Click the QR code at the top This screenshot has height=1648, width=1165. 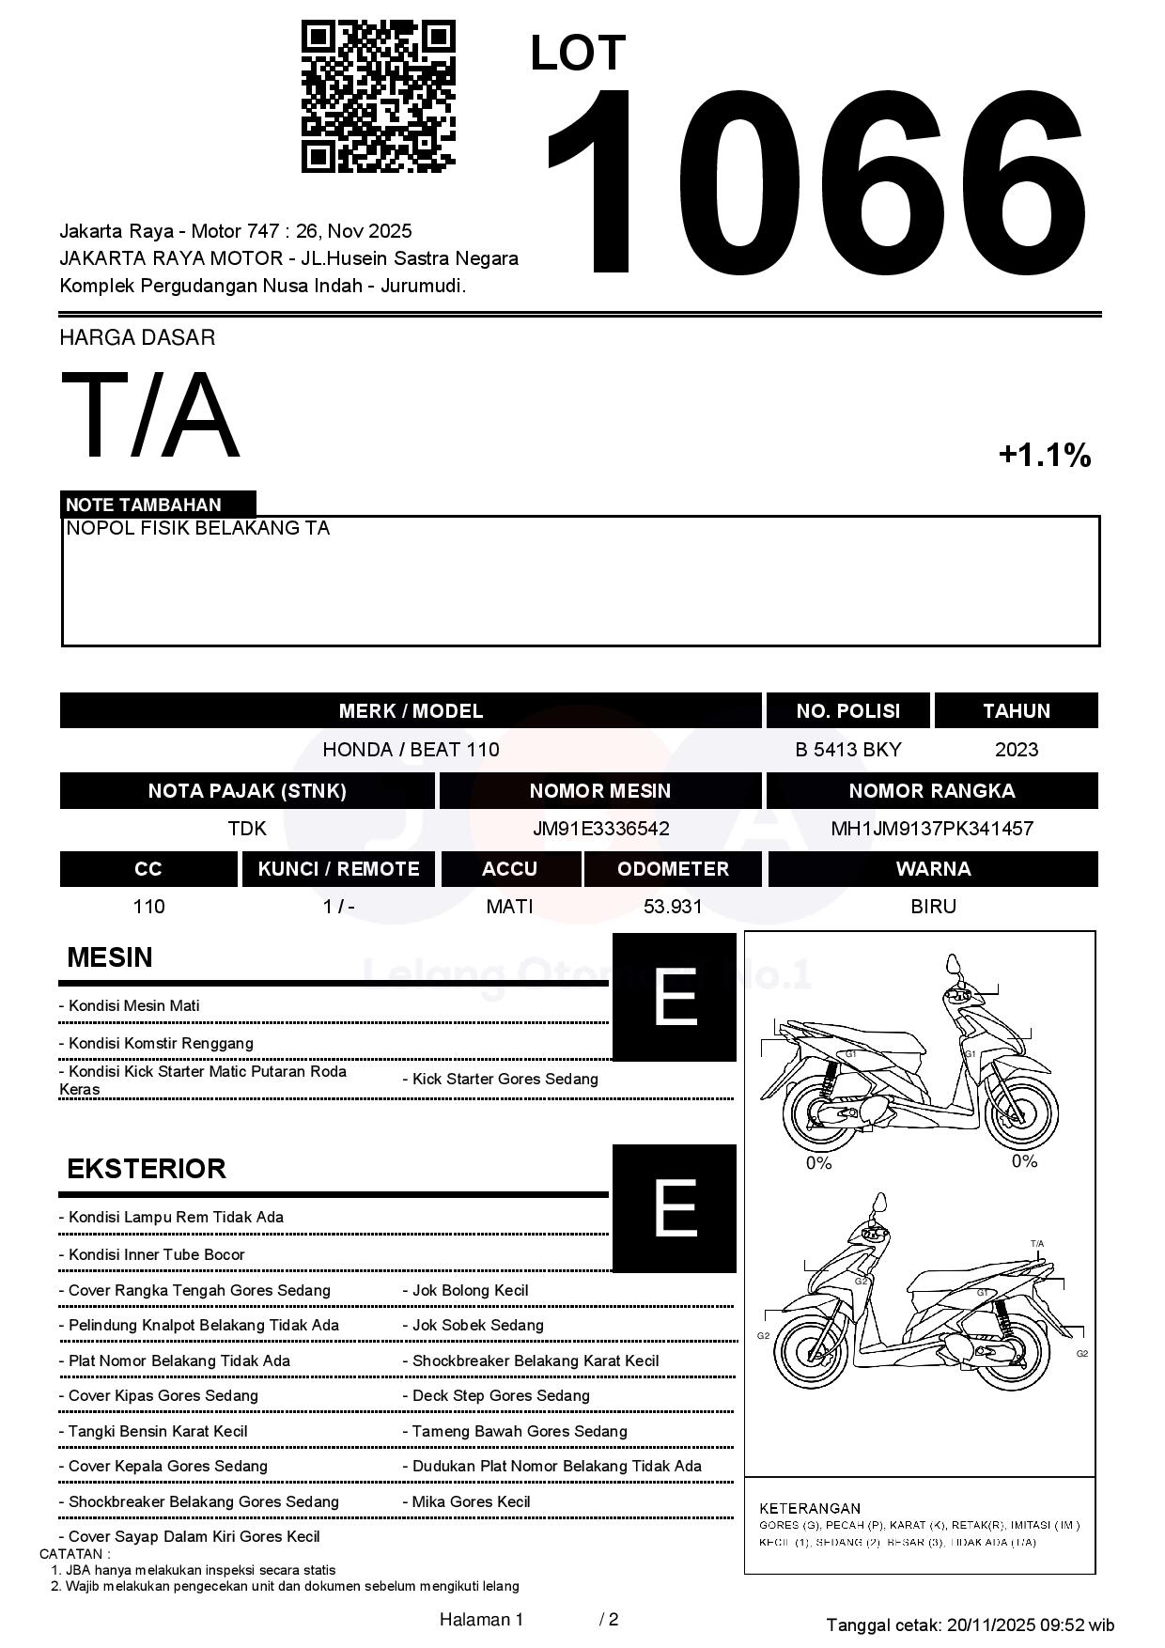pos(378,97)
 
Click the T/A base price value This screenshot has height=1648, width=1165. pos(150,415)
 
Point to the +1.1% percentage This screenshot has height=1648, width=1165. pos(1044,456)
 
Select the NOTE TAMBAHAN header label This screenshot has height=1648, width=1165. pos(144,505)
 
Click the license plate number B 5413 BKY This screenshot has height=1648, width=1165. pos(847,750)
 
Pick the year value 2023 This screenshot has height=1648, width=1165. pos(1016,750)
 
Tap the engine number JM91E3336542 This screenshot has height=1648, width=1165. pos(600,829)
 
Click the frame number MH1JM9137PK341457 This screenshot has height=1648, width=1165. pos(932,829)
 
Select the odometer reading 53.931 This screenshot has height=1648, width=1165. pos(673,907)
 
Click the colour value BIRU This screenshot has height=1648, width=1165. pos(933,907)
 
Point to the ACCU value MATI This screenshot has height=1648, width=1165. pos(509,907)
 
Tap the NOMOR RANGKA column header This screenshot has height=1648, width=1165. pos(932,791)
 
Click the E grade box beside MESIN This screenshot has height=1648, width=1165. pos(674,997)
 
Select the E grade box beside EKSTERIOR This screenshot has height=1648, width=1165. pos(674,1208)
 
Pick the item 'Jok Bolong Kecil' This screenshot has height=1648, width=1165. pos(470,1291)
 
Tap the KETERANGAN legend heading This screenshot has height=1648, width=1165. pos(810,1508)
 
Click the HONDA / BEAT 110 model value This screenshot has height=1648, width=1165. pos(411,750)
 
